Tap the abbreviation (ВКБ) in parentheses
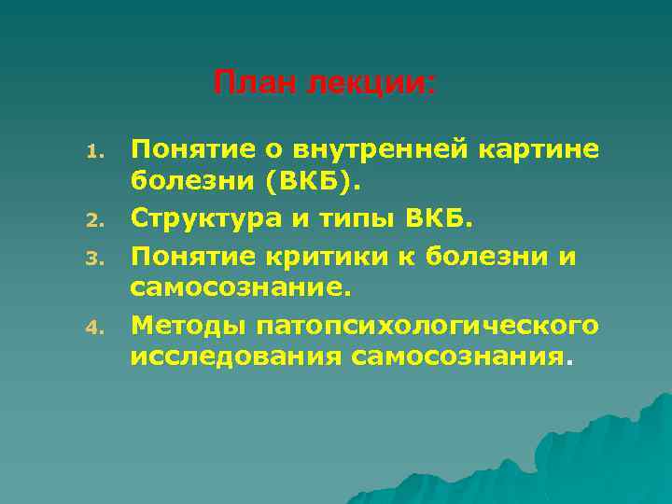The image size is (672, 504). (x=311, y=184)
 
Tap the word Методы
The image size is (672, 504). (x=182, y=326)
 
